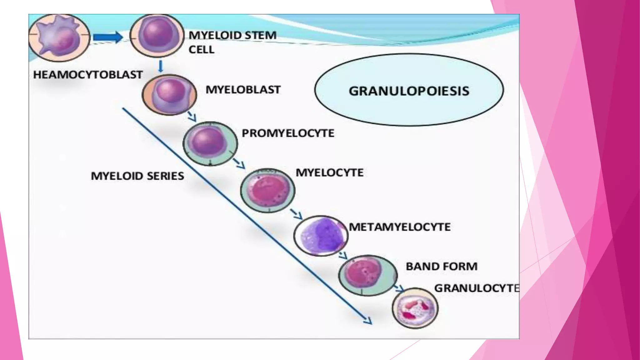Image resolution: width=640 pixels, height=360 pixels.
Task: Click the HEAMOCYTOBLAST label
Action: click(x=88, y=75)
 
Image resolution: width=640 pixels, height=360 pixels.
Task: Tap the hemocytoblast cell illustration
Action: click(x=59, y=37)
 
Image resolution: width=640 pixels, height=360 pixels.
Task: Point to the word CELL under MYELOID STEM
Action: click(x=202, y=50)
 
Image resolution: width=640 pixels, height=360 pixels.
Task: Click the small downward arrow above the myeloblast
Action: click(x=161, y=66)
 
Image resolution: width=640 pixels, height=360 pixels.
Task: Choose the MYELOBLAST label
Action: click(x=243, y=90)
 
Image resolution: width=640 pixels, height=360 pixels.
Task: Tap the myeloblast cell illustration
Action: click(x=169, y=95)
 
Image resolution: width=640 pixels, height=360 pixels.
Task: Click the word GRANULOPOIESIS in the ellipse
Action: click(x=409, y=91)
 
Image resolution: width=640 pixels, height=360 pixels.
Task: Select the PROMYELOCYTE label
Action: click(x=288, y=133)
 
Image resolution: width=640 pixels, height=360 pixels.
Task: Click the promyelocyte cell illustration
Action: click(x=210, y=143)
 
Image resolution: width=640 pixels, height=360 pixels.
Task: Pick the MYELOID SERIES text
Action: click(x=137, y=176)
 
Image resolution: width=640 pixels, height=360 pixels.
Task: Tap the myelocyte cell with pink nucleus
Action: click(x=267, y=190)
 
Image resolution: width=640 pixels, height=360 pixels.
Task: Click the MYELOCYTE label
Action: click(x=329, y=172)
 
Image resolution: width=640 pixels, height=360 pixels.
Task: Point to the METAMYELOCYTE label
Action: click(x=400, y=227)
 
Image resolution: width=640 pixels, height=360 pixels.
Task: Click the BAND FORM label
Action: click(x=442, y=267)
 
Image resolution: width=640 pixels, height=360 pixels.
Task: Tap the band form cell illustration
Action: click(x=367, y=275)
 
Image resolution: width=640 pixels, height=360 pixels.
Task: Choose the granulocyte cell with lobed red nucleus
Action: click(x=415, y=308)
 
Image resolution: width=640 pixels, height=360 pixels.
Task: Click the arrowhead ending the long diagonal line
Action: click(x=368, y=321)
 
